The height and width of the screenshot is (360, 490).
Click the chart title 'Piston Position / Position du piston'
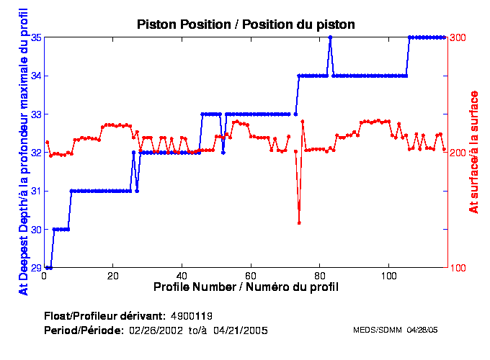tap(246, 24)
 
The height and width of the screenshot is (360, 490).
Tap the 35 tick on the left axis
tap(36, 37)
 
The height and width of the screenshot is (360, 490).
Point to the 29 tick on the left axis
tap(36, 268)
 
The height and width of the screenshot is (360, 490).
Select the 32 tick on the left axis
tap(36, 153)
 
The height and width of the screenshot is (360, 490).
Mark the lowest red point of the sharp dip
tap(299, 222)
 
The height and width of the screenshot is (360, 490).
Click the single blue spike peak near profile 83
tap(330, 37)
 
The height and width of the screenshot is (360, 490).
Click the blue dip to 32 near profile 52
tap(223, 153)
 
